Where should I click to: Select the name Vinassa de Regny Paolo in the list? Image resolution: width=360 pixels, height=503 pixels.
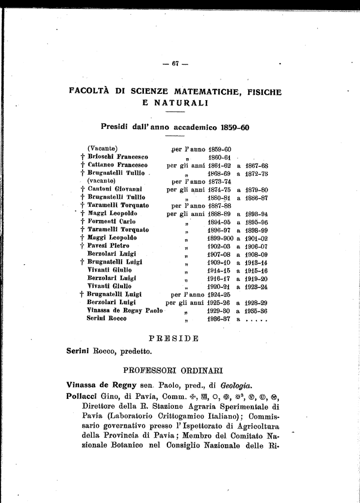[125, 310]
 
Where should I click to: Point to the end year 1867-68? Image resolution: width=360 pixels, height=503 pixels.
[256, 166]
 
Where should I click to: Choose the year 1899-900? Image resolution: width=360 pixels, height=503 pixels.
[220, 238]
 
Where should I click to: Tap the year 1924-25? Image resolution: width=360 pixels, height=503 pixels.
[220, 294]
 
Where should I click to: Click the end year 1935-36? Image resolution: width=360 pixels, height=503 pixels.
[256, 310]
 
